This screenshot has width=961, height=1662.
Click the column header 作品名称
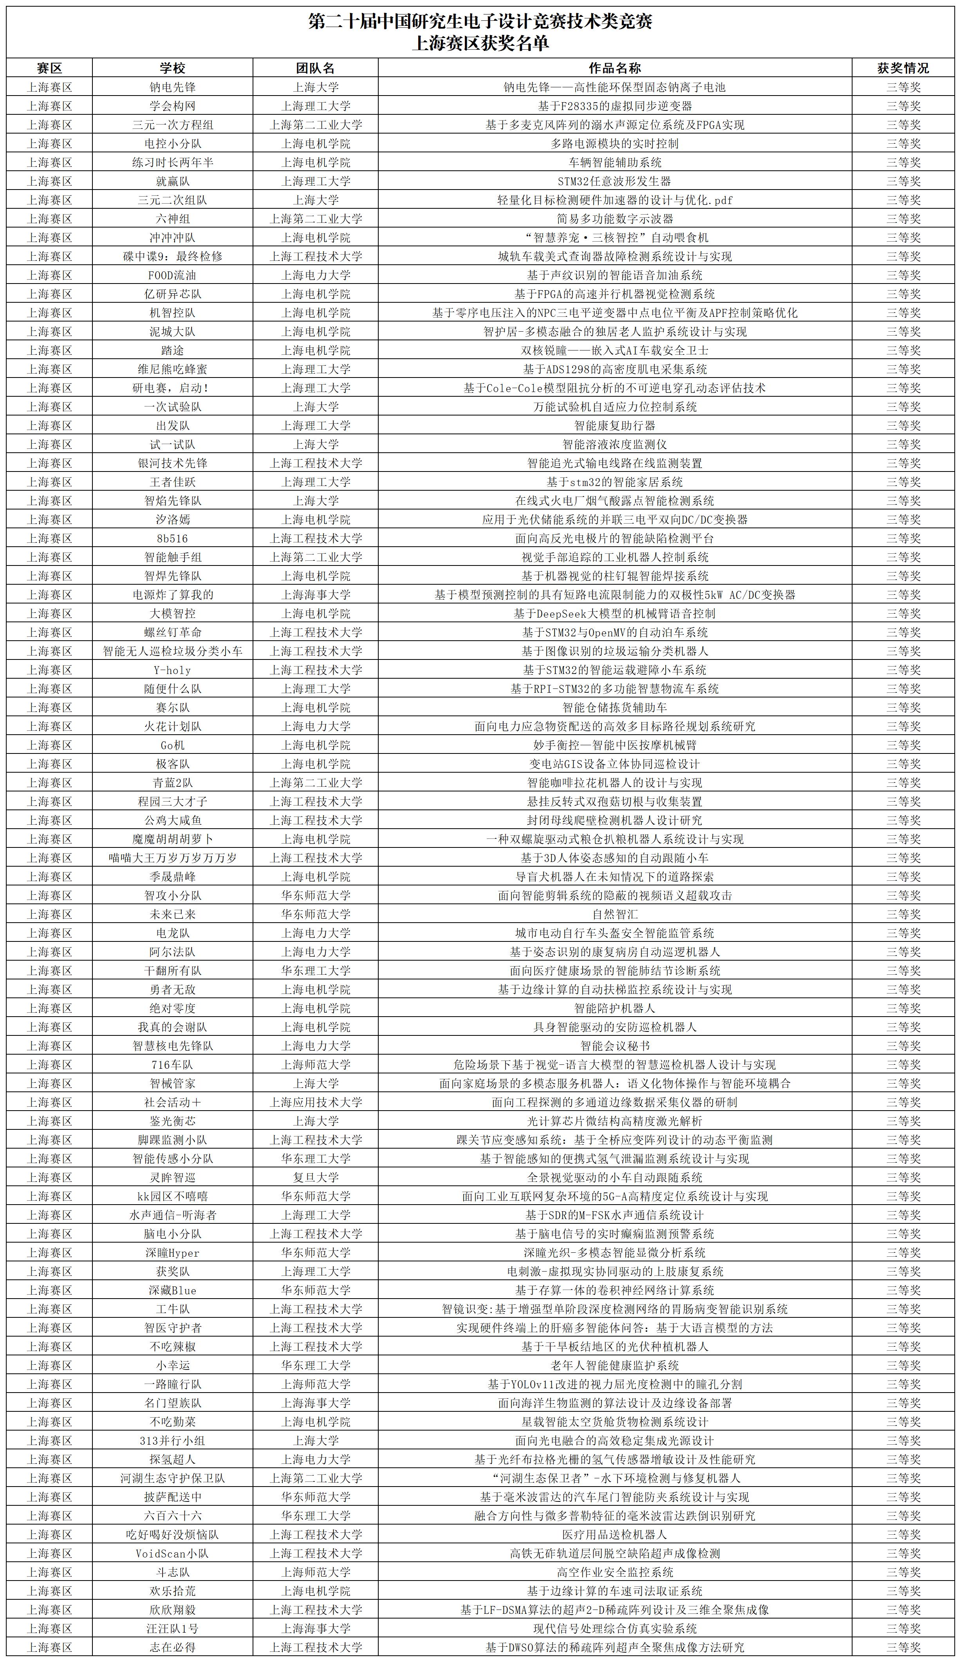click(614, 68)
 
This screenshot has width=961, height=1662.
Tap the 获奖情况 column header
click(902, 68)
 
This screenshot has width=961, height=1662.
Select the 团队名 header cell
click(315, 68)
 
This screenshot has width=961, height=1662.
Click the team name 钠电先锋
click(172, 87)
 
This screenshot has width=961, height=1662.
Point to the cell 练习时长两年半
click(172, 162)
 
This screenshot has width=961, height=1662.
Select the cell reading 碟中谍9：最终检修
click(172, 257)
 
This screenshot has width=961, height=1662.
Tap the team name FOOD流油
click(172, 275)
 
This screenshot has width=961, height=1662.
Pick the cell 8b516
click(172, 538)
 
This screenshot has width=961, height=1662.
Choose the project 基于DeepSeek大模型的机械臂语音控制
click(614, 613)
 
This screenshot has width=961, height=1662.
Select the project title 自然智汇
click(614, 914)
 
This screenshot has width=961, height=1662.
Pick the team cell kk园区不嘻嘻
click(172, 1196)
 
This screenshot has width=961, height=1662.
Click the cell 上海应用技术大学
click(315, 1102)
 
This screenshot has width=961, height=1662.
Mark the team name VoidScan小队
click(172, 1553)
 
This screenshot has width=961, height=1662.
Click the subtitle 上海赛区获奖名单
click(480, 43)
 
